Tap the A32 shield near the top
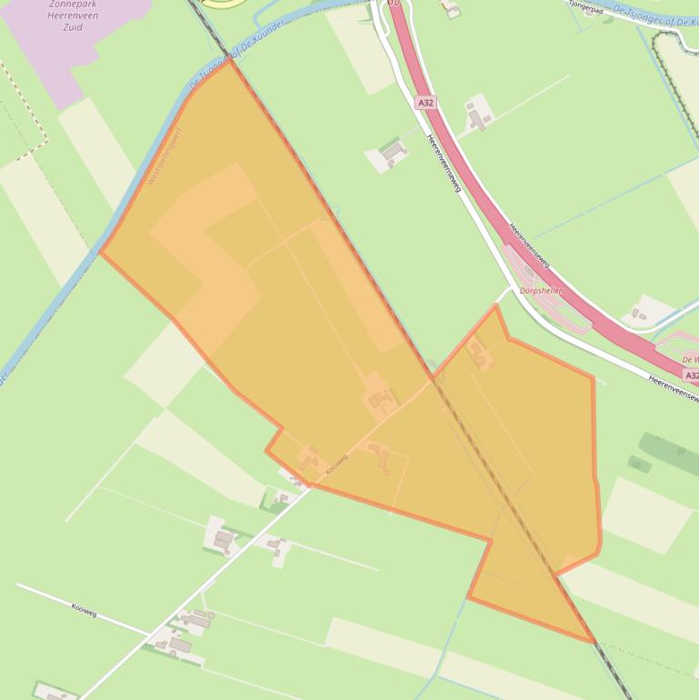[425, 103]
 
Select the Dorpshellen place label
[542, 291]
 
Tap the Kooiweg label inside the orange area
[336, 466]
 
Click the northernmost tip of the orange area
[233, 60]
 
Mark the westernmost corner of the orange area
[101, 253]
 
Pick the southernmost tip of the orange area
[594, 642]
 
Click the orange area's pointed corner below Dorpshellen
[495, 306]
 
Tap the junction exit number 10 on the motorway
[394, 4]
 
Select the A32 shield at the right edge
[691, 375]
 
